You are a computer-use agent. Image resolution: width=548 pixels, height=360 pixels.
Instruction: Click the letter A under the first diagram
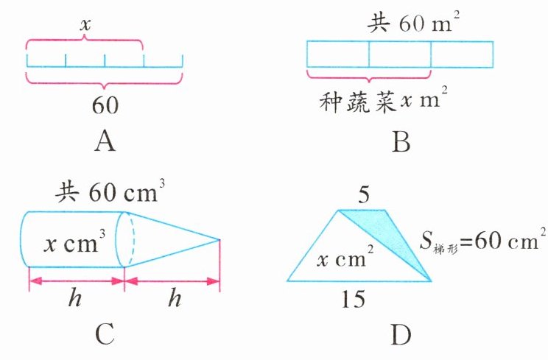coord(105,139)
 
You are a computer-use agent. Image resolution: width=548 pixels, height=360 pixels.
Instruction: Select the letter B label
coord(400,139)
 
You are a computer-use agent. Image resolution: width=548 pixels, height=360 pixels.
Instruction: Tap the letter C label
coord(105,334)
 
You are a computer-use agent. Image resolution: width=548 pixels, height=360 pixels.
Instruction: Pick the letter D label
coord(400,335)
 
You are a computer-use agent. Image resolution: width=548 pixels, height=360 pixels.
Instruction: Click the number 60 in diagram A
coord(105,105)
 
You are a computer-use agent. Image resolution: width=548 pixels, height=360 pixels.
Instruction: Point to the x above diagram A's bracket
coord(85,24)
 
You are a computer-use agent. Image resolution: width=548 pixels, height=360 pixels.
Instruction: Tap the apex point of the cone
coord(219,239)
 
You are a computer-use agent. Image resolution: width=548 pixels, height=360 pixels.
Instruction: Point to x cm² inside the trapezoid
coord(345,258)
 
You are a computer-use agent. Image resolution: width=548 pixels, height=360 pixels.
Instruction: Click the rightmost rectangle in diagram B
coord(461,54)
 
